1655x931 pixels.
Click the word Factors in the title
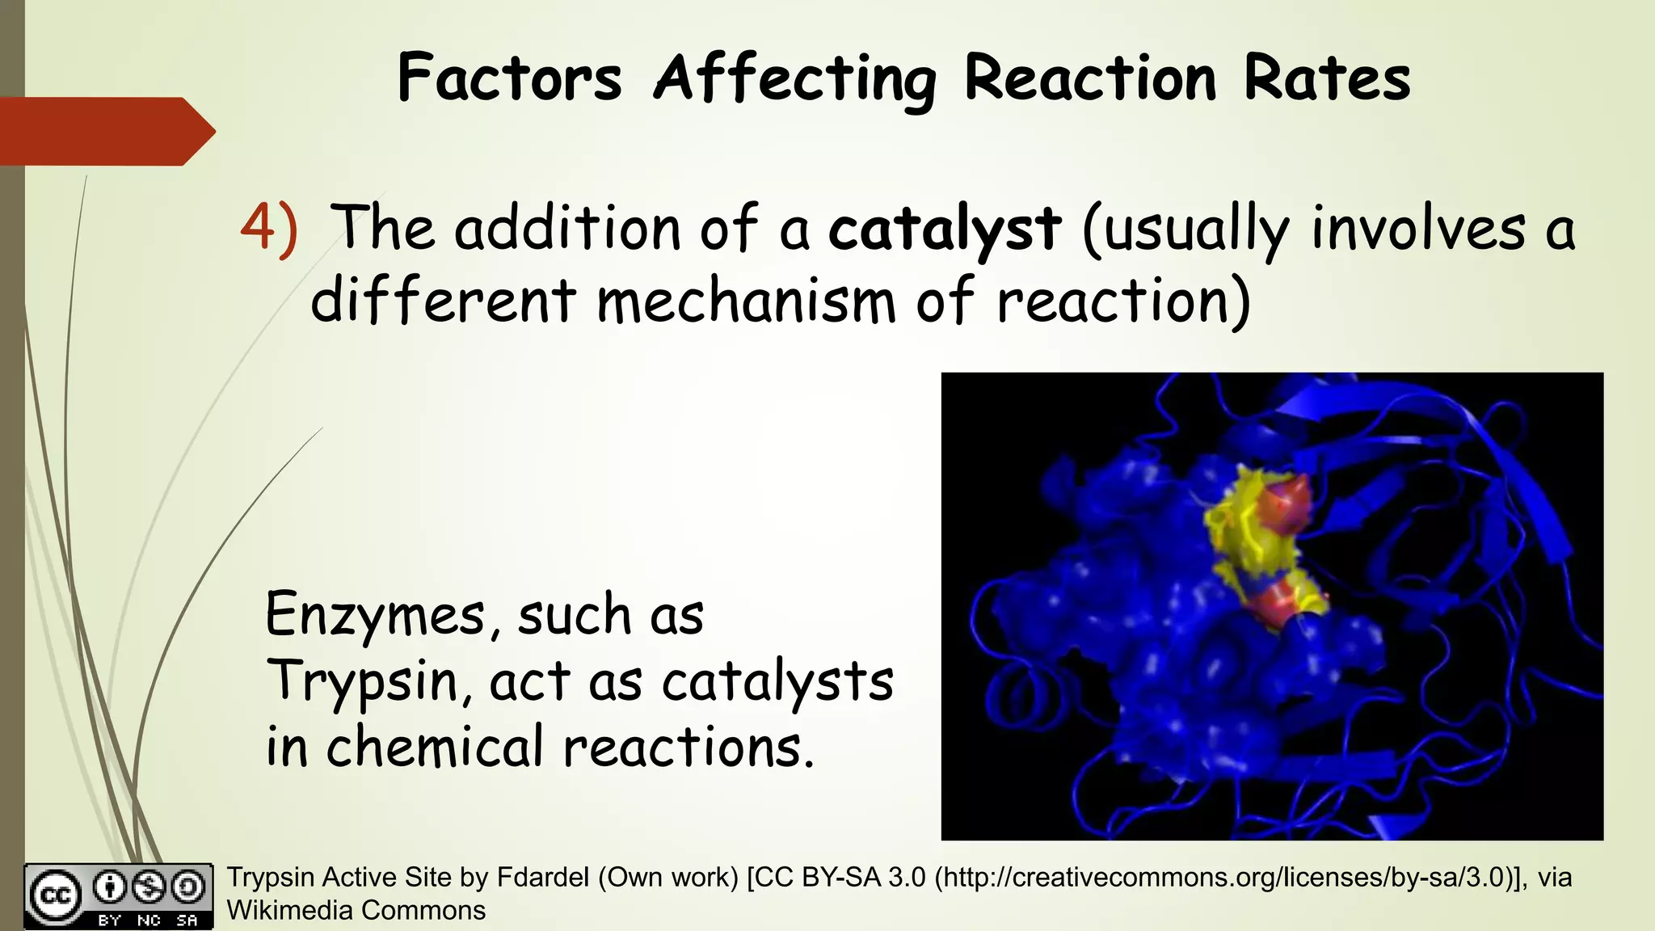click(x=509, y=78)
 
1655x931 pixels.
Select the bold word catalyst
click(x=944, y=229)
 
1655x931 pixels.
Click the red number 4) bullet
click(x=269, y=229)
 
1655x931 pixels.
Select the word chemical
click(x=435, y=747)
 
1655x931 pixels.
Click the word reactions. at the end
click(x=688, y=747)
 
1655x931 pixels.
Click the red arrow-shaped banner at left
click(x=105, y=131)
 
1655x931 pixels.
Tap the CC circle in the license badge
click(x=55, y=895)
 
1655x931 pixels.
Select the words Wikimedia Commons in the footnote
click(x=356, y=911)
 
